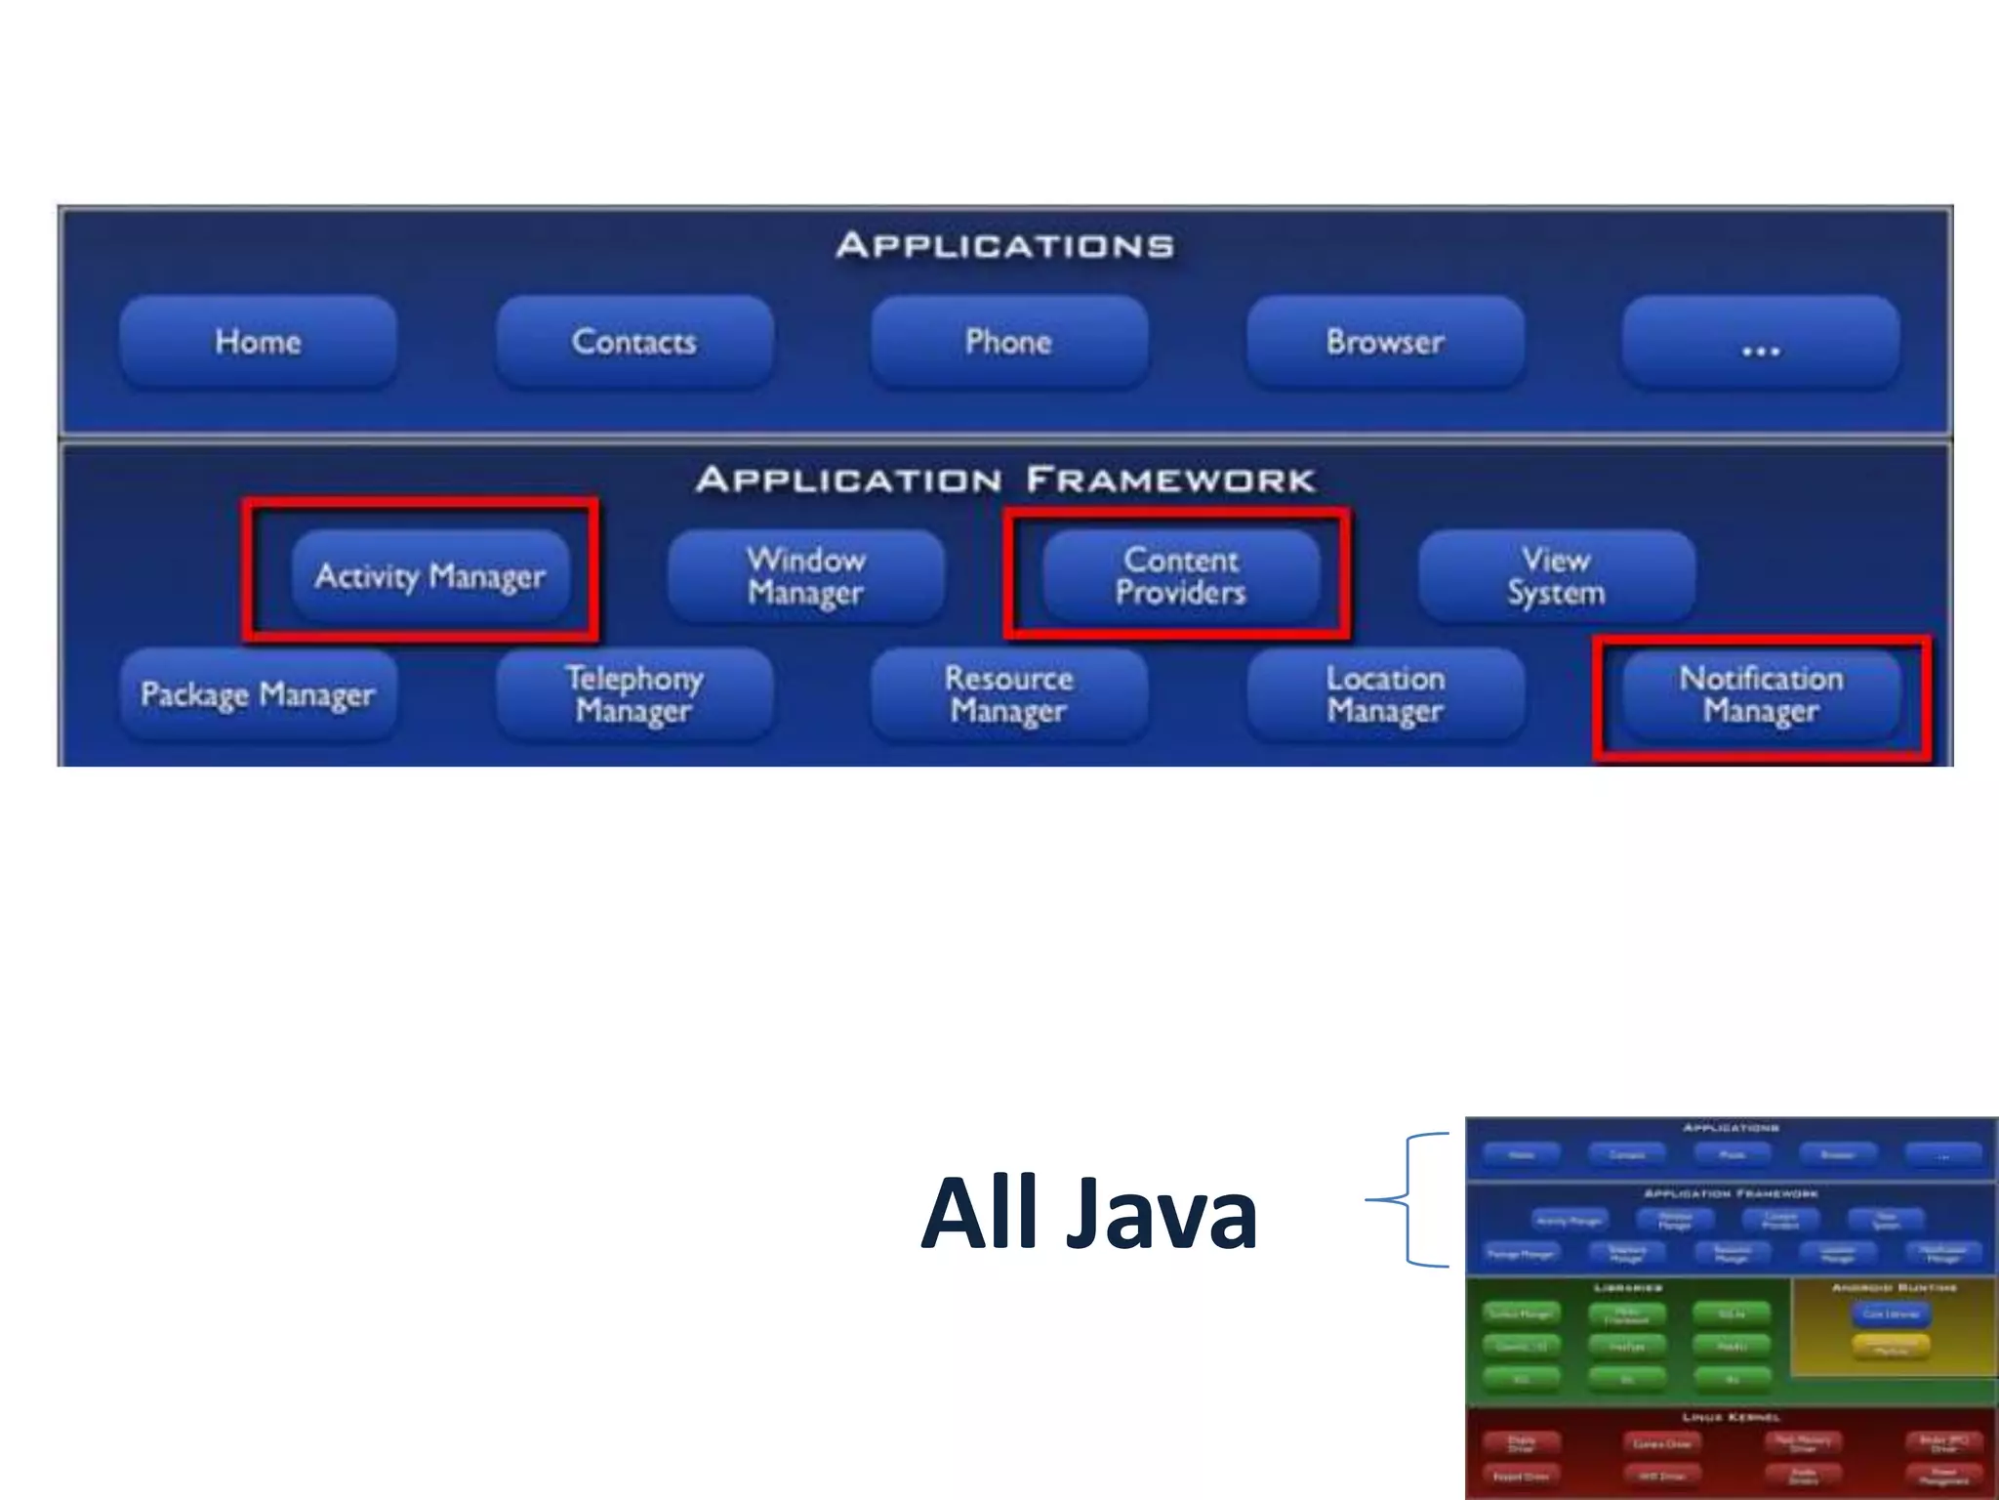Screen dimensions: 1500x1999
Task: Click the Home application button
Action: coord(258,342)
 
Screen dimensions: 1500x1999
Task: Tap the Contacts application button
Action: coord(633,342)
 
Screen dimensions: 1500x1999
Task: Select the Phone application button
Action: coord(1008,342)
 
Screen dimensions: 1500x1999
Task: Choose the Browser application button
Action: coord(1384,342)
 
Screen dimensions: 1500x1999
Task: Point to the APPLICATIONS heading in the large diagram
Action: coord(1004,245)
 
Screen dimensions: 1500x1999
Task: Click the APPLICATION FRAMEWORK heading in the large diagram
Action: coord(1005,479)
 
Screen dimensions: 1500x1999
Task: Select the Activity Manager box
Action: coord(429,576)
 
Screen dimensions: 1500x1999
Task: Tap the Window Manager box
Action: coord(805,576)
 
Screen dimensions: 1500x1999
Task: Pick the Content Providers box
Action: coord(1180,576)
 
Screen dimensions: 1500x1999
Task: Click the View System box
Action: coord(1556,576)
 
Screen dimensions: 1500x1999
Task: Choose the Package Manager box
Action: coord(258,694)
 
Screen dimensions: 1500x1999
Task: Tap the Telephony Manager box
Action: coord(633,694)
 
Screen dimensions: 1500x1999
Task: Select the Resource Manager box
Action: coord(1008,694)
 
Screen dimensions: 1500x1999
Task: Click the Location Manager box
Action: coord(1384,694)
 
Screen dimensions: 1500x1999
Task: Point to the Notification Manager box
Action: coord(1760,694)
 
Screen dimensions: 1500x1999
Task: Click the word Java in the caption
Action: coord(1162,1213)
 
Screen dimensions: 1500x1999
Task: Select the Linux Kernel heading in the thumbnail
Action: coord(1731,1416)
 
